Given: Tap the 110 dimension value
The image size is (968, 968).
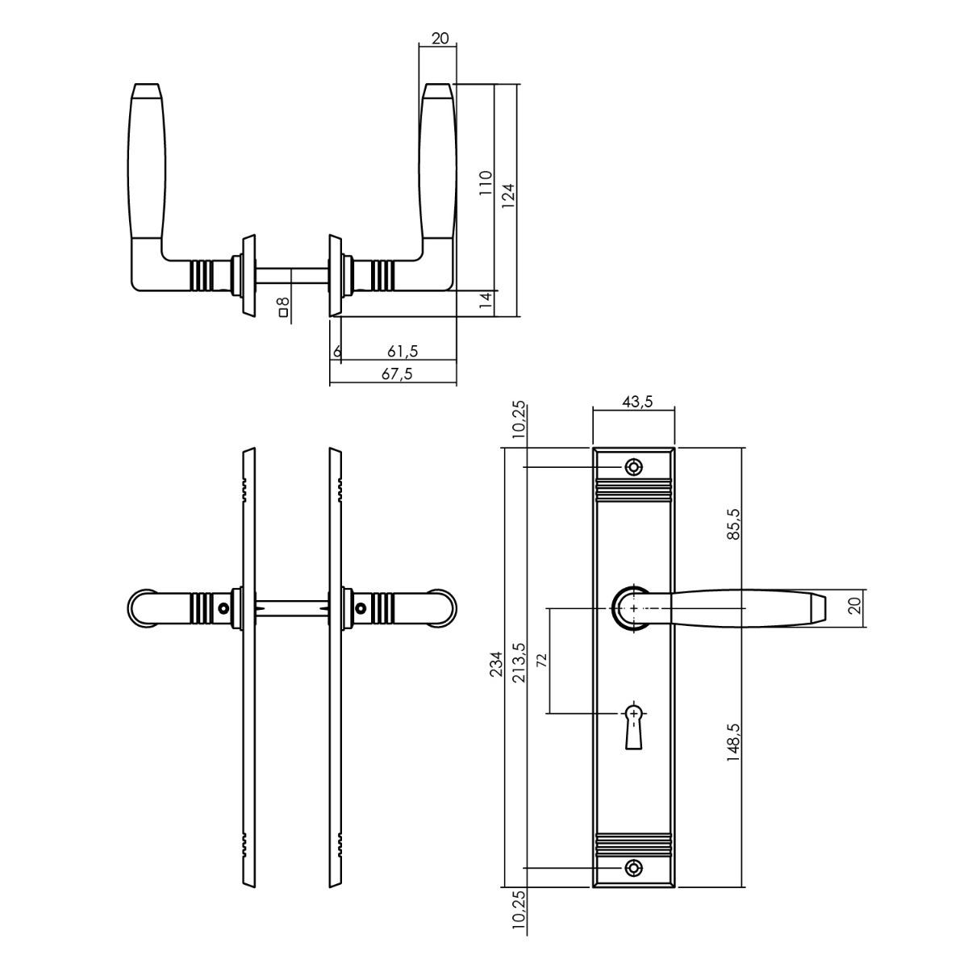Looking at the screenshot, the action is click(x=486, y=184).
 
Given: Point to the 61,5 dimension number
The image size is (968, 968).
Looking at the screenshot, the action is click(x=403, y=351).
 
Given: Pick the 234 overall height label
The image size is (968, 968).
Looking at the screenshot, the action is click(x=496, y=664).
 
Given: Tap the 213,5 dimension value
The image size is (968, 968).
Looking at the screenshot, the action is click(x=519, y=662).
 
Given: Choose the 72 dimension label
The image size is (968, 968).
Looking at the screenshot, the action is click(x=541, y=659).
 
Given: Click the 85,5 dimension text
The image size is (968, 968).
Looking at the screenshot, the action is click(x=734, y=524).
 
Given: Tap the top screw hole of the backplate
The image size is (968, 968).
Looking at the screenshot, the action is click(x=634, y=467).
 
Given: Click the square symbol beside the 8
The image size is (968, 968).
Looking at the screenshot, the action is click(x=283, y=313).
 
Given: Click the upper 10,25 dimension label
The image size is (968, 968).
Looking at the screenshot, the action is click(x=519, y=420).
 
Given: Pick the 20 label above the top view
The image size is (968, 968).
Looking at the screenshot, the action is click(x=440, y=38).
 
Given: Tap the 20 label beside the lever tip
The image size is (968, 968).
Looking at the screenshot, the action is click(x=857, y=605).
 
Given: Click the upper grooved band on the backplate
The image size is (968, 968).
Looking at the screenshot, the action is click(x=633, y=489).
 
